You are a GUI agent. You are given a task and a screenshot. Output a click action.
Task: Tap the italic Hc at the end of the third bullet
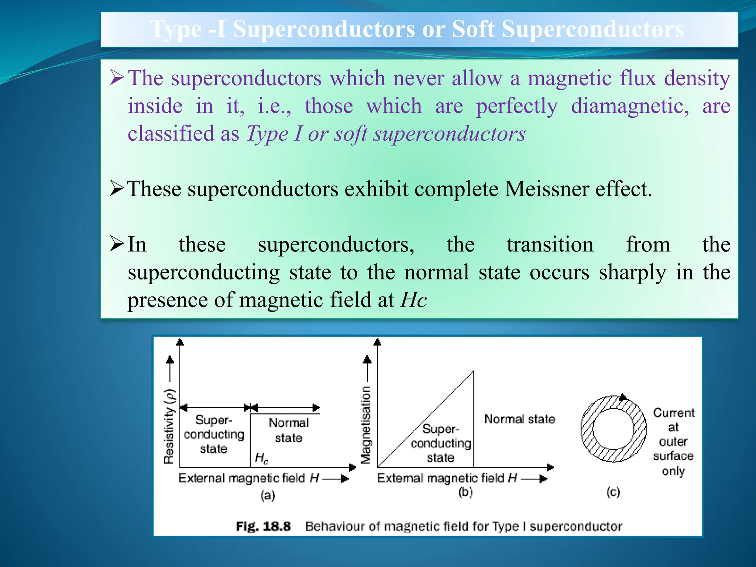click(x=414, y=300)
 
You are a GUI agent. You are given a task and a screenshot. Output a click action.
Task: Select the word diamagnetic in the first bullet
click(x=630, y=106)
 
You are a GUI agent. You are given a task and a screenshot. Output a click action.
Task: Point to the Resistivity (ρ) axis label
click(x=169, y=426)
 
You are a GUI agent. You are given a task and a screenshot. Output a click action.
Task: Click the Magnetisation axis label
click(x=365, y=425)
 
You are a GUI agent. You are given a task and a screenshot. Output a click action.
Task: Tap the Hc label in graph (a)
click(x=261, y=458)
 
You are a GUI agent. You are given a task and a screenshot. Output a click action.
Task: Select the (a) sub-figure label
click(x=268, y=495)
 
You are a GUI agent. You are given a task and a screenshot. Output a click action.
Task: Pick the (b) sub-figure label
click(x=465, y=492)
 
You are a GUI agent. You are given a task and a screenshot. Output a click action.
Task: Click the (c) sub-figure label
click(x=614, y=492)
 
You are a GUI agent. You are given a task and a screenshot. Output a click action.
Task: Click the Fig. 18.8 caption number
click(x=263, y=526)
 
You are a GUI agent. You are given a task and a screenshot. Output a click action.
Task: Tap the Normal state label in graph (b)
click(x=519, y=419)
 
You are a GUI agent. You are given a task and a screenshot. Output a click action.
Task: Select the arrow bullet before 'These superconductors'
click(x=117, y=188)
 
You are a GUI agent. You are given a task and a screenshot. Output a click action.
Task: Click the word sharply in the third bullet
click(x=632, y=273)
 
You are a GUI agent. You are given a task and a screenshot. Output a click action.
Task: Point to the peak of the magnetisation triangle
click(x=474, y=372)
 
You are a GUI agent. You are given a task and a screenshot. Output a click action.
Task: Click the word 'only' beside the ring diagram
click(x=673, y=471)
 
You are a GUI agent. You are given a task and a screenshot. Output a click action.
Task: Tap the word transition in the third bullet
click(x=550, y=245)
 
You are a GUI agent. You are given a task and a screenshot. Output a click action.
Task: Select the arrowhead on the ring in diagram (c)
click(x=623, y=398)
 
